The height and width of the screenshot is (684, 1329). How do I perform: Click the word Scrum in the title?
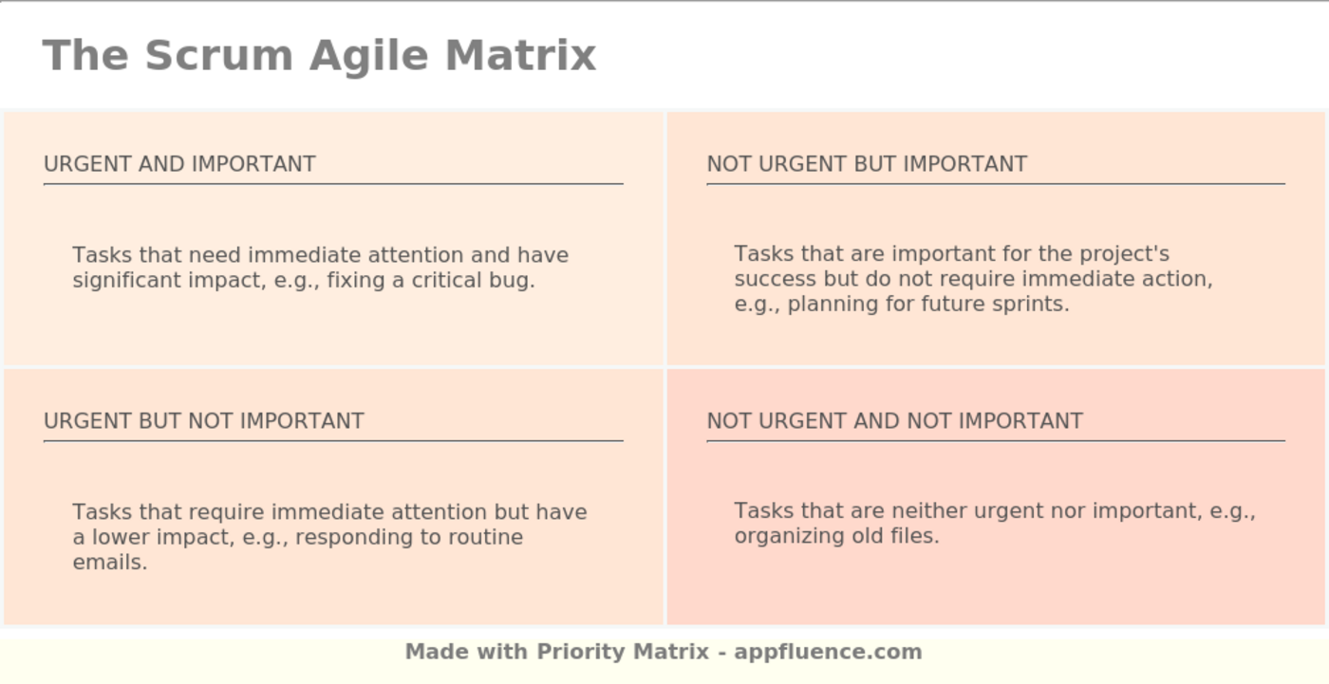coord(219,55)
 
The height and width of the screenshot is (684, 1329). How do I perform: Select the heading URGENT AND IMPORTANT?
coord(179,164)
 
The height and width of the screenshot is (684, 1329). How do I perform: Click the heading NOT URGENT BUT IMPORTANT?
coord(867,164)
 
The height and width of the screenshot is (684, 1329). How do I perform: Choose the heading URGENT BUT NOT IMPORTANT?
coord(204,421)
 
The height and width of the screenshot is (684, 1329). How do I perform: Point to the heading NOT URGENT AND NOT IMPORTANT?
coord(894,421)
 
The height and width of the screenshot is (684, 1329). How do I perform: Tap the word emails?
coord(110,563)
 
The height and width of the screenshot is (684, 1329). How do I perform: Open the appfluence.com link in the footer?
coord(828,653)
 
